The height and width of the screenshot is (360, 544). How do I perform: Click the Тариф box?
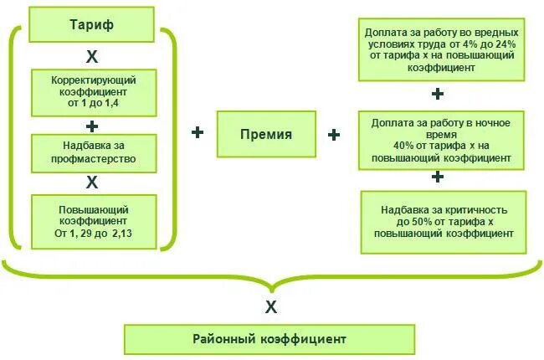coord(92,24)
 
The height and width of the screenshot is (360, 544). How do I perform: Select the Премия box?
coord(267,134)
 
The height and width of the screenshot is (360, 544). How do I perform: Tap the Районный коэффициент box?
coord(269,339)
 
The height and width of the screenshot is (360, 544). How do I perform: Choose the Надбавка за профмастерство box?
coord(93,151)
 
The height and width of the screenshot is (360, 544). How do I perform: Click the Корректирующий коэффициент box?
coord(93,93)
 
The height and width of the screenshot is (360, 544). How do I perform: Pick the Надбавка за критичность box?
coord(444,222)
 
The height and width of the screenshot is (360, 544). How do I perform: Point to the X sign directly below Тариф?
coord(92,56)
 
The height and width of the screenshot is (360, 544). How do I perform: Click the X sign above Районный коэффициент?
coord(270,307)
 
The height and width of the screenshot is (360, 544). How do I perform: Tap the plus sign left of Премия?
coord(198,132)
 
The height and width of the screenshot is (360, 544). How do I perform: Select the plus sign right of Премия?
coord(334,134)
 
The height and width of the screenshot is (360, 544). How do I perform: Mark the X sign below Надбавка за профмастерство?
coord(92,182)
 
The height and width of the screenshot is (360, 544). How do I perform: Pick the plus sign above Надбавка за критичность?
coord(437,177)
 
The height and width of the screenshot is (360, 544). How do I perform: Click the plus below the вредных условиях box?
coord(438,94)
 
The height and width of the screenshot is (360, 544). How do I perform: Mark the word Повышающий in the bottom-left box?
coord(93,208)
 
